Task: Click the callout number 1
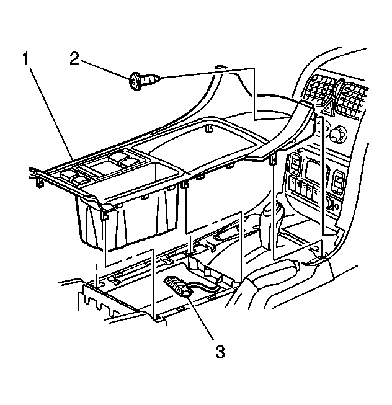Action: coord(25,59)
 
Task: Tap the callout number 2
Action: coord(74,59)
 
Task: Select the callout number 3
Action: coord(220,352)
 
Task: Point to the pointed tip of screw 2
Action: coord(159,77)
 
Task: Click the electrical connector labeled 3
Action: coord(179,286)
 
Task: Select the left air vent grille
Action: coord(320,91)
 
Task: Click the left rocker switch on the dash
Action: coord(295,164)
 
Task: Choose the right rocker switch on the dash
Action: coord(338,182)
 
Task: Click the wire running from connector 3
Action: coord(207,287)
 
